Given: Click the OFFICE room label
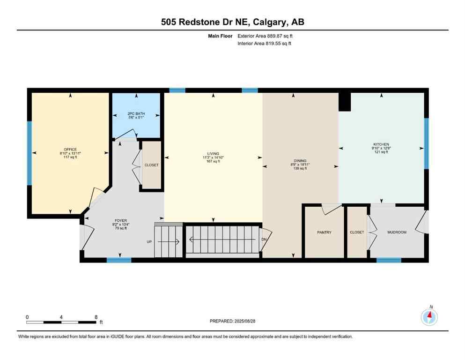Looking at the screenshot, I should (x=70, y=149).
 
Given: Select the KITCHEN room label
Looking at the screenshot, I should (x=381, y=144).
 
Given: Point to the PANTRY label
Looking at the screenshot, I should (x=324, y=232).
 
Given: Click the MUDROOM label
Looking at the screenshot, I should (x=397, y=232).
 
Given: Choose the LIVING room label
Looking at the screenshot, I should (x=213, y=153).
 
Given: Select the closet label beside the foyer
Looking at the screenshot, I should (x=152, y=165).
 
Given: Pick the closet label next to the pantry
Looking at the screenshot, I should (x=357, y=232).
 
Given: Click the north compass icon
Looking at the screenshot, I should (x=429, y=317).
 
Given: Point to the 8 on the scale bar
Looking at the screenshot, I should (x=96, y=317).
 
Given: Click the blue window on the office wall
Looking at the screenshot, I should (x=29, y=153).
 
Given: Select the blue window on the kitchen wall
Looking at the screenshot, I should (x=426, y=143).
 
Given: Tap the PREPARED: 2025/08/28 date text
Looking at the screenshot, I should (x=232, y=321).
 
